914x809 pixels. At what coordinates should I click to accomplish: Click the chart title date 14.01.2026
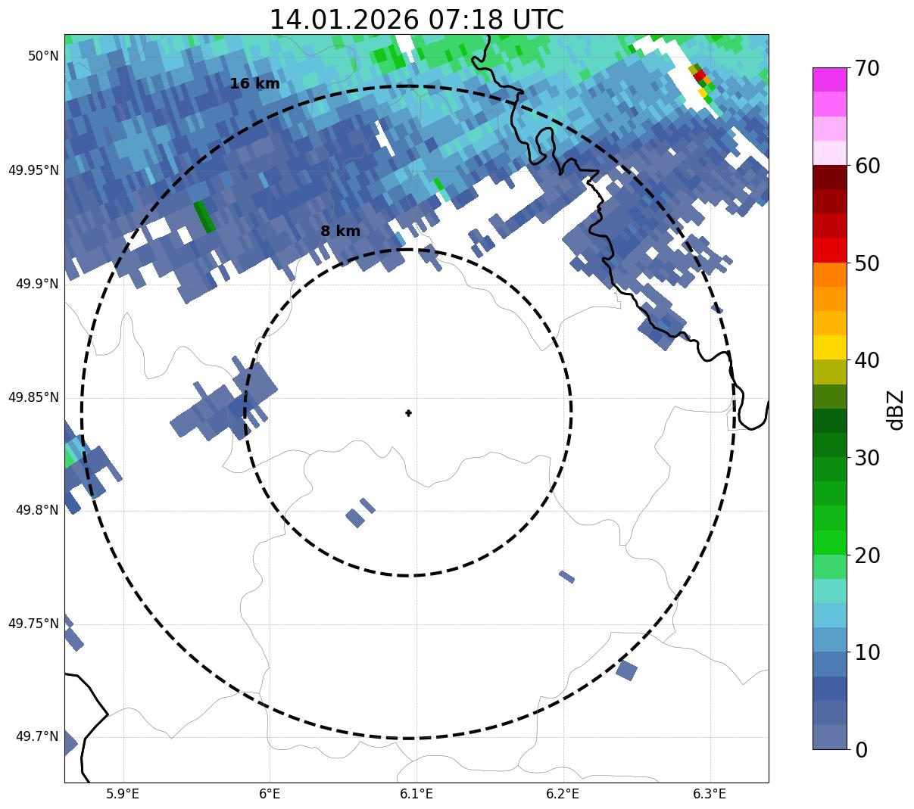pos(344,20)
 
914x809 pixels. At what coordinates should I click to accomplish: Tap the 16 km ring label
pos(254,84)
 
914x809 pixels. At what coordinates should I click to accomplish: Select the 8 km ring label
pos(340,232)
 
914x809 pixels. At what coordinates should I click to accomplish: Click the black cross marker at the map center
pos(409,413)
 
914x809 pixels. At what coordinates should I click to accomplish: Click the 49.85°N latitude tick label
pos(33,397)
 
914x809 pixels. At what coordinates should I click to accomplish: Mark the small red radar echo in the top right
pos(700,75)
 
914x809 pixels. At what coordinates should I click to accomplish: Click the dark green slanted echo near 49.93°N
pos(204,216)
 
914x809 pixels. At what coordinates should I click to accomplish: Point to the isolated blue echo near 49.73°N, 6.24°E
pos(626,670)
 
